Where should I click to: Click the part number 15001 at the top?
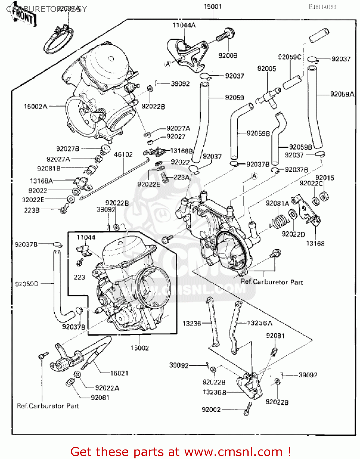pyautogui.click(x=213, y=6)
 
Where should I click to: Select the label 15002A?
pyautogui.click(x=36, y=106)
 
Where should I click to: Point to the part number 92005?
pyautogui.click(x=267, y=69)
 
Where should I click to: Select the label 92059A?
pyautogui.click(x=342, y=94)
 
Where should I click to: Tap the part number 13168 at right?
pyautogui.click(x=315, y=244)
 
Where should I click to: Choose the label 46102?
pyautogui.click(x=123, y=155)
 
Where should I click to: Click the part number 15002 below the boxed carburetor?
pyautogui.click(x=140, y=348)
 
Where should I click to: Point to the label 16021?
pyautogui.click(x=119, y=373)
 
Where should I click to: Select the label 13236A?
pyautogui.click(x=260, y=323)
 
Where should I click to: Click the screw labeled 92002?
pyautogui.click(x=248, y=408)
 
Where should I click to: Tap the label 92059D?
pyautogui.click(x=27, y=284)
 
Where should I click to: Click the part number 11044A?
pyautogui.click(x=184, y=25)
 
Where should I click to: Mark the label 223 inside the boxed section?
pyautogui.click(x=79, y=277)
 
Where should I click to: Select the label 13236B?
pyautogui.click(x=215, y=392)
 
